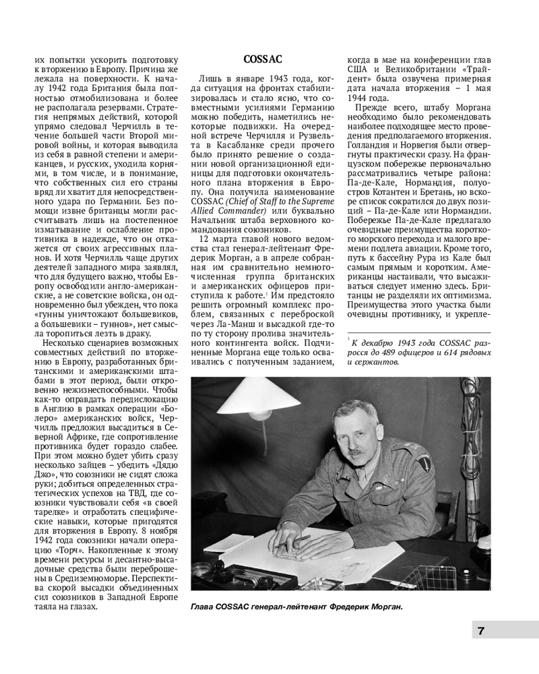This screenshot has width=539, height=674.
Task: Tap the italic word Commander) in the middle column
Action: [x=231, y=212]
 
